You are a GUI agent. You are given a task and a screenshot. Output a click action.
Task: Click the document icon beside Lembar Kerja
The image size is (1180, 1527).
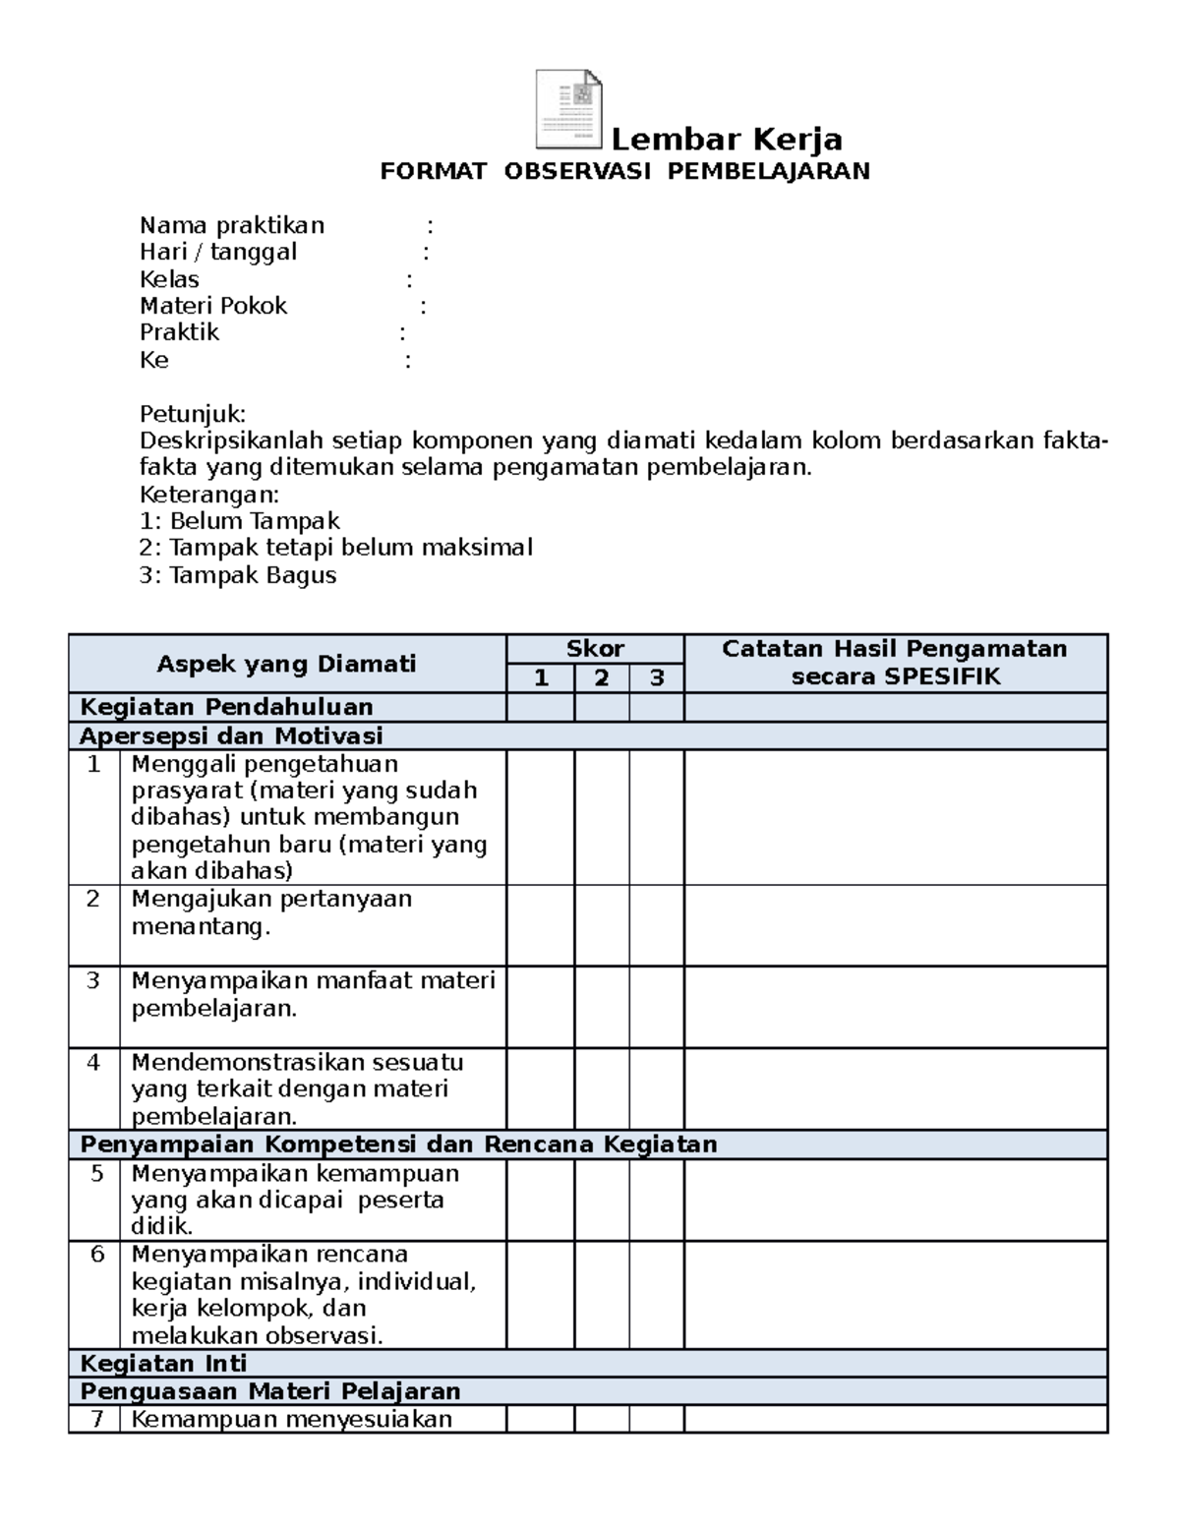[568, 109]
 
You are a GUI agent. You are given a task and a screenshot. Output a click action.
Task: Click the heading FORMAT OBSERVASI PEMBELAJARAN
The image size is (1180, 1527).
[625, 172]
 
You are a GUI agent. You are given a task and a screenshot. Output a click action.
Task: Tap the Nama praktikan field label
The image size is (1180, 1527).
[231, 226]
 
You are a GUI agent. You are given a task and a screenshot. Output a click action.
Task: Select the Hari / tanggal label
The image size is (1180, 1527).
[217, 253]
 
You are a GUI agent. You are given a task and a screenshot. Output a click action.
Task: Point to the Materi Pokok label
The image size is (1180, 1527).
[212, 307]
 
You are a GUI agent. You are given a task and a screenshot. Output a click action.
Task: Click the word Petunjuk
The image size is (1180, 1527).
[192, 413]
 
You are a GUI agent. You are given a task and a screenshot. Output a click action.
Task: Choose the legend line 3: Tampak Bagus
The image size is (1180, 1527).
[238, 576]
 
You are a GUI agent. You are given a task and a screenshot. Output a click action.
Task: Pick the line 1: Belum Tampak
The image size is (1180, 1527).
[239, 521]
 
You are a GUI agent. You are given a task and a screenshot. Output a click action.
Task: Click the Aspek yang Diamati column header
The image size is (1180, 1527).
[286, 665]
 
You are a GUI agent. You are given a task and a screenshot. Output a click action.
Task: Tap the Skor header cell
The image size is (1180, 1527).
[595, 649]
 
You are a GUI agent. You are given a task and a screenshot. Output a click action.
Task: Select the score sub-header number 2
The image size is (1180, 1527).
[602, 678]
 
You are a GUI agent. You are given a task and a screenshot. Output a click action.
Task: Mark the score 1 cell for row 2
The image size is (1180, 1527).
[540, 925]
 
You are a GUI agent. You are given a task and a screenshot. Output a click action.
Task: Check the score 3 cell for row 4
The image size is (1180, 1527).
[656, 1088]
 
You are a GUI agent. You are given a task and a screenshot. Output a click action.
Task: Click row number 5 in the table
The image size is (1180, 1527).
[94, 1174]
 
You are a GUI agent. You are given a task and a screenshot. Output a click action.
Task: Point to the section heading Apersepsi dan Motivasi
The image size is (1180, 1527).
[231, 736]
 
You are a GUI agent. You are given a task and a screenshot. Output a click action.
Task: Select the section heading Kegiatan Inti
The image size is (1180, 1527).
[163, 1364]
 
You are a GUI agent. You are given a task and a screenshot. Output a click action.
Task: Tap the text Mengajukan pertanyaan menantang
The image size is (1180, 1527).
[270, 913]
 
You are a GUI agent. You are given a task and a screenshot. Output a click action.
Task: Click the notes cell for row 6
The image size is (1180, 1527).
[895, 1295]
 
